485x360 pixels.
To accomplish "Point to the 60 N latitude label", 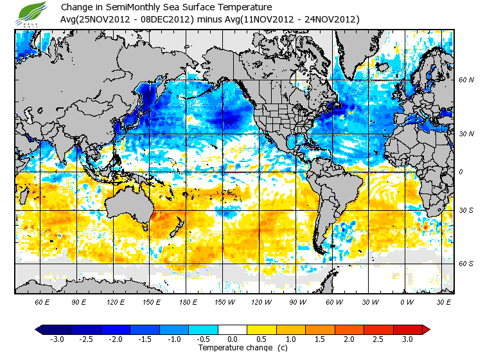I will tap(466, 80).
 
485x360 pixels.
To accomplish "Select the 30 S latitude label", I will tap(466, 211).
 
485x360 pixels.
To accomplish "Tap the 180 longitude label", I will tap(188, 301).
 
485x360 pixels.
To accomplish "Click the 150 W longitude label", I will tap(225, 301).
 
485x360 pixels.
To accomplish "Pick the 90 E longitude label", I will tap(80, 301).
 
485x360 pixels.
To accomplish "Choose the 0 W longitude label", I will tap(407, 301).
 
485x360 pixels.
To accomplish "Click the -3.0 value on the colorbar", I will tap(57, 339).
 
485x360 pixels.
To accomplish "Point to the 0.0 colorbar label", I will tap(233, 339).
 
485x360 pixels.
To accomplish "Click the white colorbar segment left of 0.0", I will tap(218, 329).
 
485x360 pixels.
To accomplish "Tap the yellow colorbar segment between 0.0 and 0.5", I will tap(247, 329).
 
